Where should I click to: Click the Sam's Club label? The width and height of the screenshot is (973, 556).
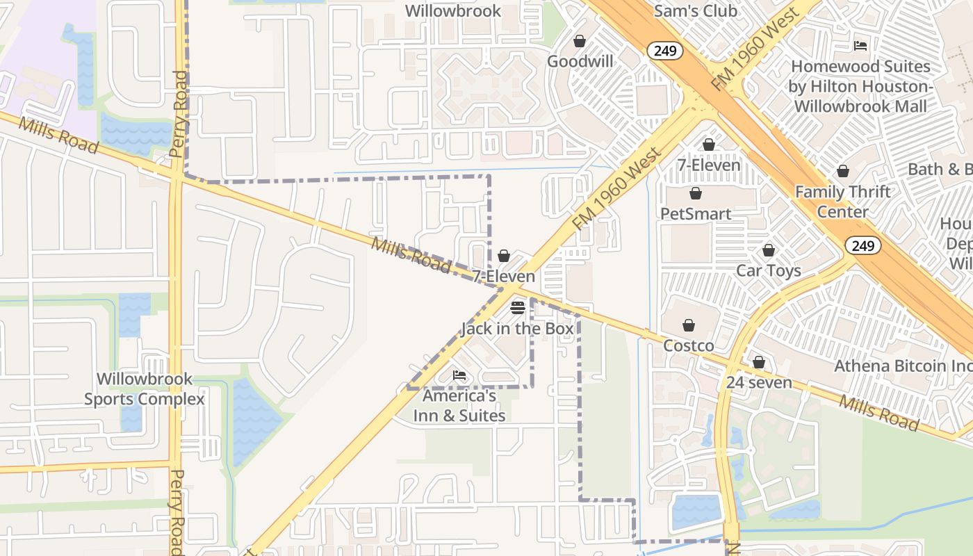[x=696, y=11]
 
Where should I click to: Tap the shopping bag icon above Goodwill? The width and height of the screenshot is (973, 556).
[x=580, y=42]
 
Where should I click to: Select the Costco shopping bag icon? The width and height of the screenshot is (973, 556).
[x=689, y=325]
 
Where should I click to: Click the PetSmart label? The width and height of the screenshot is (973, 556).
[x=696, y=213]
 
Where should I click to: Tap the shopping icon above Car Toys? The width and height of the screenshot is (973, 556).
[x=769, y=250]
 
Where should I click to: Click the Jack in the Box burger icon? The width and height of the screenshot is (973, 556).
[x=518, y=307]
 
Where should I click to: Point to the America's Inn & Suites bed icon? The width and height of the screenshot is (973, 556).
[x=459, y=375]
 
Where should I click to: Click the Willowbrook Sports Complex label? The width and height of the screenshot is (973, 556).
[x=145, y=389]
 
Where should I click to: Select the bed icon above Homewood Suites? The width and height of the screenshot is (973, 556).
[x=860, y=46]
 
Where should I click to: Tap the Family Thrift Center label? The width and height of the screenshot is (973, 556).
[x=842, y=202]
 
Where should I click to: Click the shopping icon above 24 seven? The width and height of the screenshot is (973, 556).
[x=759, y=363]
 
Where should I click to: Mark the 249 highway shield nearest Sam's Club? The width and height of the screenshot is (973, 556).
[x=665, y=51]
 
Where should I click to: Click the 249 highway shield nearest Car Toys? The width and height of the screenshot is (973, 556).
[x=863, y=245]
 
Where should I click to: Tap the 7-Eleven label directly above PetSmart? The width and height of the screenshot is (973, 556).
[x=709, y=165]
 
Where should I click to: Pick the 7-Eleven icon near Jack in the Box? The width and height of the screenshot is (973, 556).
[x=505, y=256]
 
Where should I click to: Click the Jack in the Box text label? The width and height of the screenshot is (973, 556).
[x=518, y=329]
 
